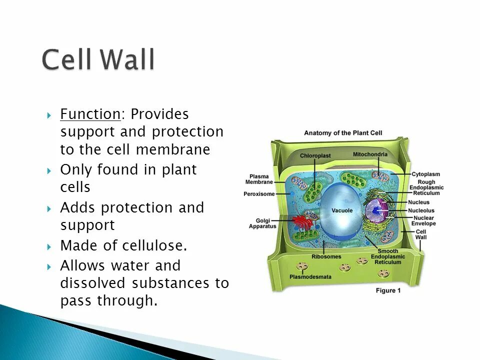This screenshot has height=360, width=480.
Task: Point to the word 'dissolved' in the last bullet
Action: coord(93,283)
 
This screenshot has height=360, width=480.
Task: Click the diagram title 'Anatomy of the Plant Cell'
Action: coord(343,133)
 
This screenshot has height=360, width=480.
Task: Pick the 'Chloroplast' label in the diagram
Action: coord(315,155)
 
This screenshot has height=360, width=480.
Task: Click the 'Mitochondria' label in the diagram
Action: coord(370,154)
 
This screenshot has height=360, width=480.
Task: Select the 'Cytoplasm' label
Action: coord(426,174)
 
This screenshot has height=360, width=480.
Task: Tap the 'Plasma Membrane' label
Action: coord(259,179)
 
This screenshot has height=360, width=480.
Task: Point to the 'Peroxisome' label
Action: coord(259,194)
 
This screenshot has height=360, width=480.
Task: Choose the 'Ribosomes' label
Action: coord(326,256)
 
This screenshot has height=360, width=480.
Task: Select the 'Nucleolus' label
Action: coord(421,210)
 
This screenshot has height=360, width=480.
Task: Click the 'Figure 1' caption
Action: coord(388,290)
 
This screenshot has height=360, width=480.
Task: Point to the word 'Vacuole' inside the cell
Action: coord(342,210)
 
